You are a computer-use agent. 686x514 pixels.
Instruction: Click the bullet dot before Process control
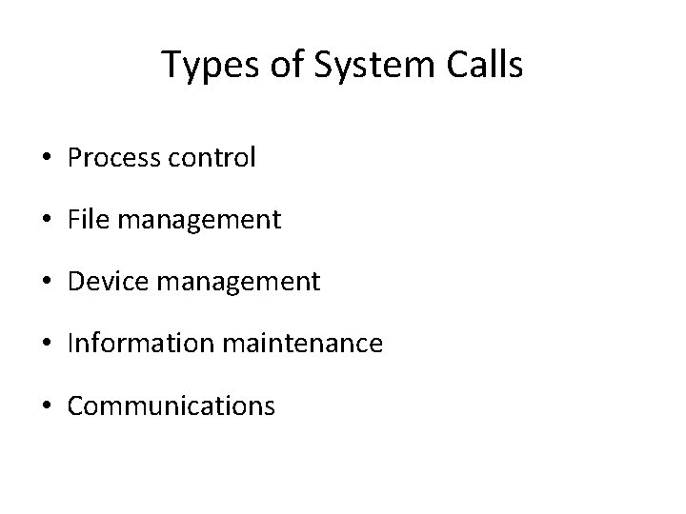coord(53,159)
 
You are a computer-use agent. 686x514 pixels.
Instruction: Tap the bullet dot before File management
coord(53,221)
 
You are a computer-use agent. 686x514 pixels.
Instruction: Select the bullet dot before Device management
coord(53,283)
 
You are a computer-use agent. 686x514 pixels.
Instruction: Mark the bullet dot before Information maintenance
coord(53,345)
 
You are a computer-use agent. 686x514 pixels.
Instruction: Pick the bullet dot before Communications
coord(53,406)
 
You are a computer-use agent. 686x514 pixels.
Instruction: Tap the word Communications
coord(172,405)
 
